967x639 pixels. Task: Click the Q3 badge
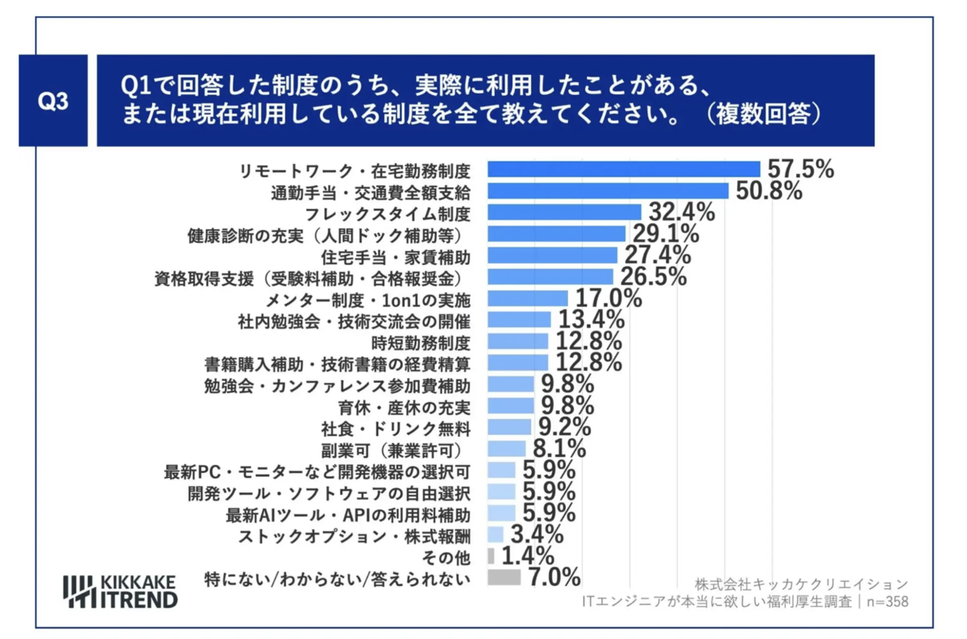coord(53,102)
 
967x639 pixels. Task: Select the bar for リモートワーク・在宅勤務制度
coord(624,169)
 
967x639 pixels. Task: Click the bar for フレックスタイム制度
coord(564,213)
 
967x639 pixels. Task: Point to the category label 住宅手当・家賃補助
coord(395,256)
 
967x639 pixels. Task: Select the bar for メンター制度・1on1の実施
coord(528,299)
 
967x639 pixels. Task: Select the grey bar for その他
coord(491,556)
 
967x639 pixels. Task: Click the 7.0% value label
coord(554,577)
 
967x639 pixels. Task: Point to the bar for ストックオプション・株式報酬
coord(496,534)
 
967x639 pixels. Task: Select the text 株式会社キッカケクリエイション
coord(800,583)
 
